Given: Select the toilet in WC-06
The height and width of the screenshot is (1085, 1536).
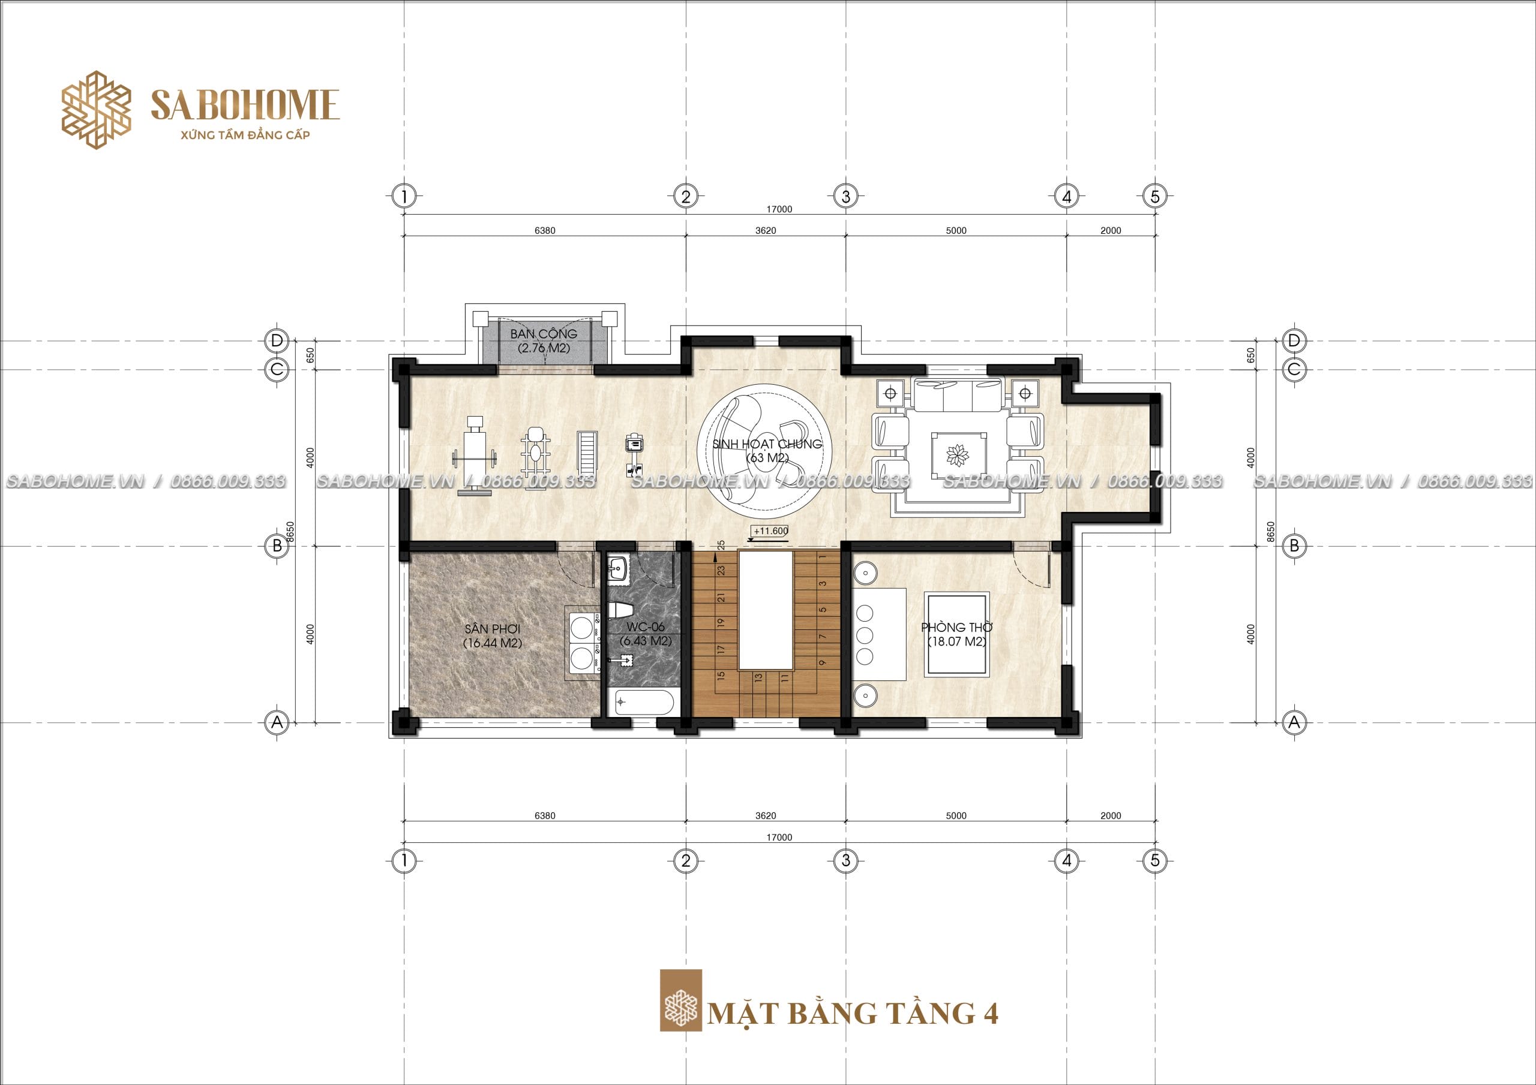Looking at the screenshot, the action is pyautogui.click(x=621, y=610).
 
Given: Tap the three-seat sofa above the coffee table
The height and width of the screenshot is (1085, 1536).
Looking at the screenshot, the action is pyautogui.click(x=958, y=395).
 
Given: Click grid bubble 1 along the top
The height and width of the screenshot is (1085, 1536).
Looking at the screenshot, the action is pyautogui.click(x=404, y=197).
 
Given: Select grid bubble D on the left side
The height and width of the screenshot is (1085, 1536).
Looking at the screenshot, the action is pyautogui.click(x=276, y=341).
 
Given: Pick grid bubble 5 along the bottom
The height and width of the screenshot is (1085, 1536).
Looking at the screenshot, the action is pyautogui.click(x=1154, y=861).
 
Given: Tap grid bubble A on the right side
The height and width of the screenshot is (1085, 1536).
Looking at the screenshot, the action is pyautogui.click(x=1294, y=722).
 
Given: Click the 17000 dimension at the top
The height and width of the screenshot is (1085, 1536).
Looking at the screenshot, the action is pyautogui.click(x=779, y=209).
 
